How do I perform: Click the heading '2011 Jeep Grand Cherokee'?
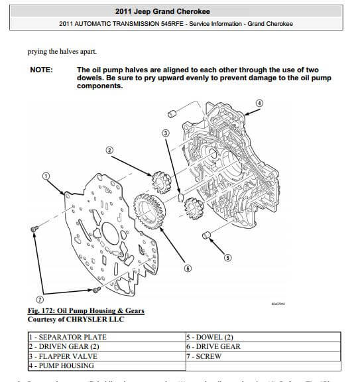click(x=180, y=11)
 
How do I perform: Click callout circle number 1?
click(x=46, y=176)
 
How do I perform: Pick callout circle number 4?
click(x=259, y=103)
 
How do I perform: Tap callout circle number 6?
click(x=188, y=269)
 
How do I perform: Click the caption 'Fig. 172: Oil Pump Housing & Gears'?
click(x=86, y=311)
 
